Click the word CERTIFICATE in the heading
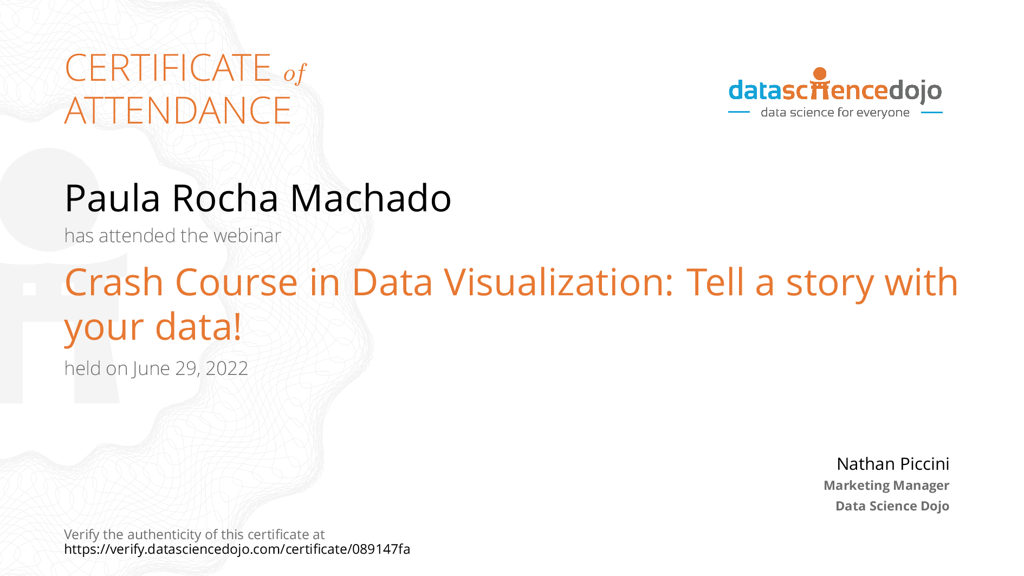click(x=168, y=68)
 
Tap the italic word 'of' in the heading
click(x=295, y=73)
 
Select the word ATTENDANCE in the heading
click(x=178, y=111)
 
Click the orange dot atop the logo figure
click(x=820, y=74)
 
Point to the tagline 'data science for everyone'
click(x=835, y=113)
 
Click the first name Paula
click(x=112, y=198)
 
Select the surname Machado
click(x=371, y=198)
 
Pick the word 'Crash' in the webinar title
click(x=114, y=282)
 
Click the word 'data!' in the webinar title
click(x=198, y=327)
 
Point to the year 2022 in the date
click(x=226, y=368)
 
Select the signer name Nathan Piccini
click(x=892, y=464)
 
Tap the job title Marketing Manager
click(x=886, y=486)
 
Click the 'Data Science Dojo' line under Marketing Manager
click(x=892, y=506)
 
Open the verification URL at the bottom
click(x=237, y=549)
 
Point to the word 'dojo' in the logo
click(x=915, y=91)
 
